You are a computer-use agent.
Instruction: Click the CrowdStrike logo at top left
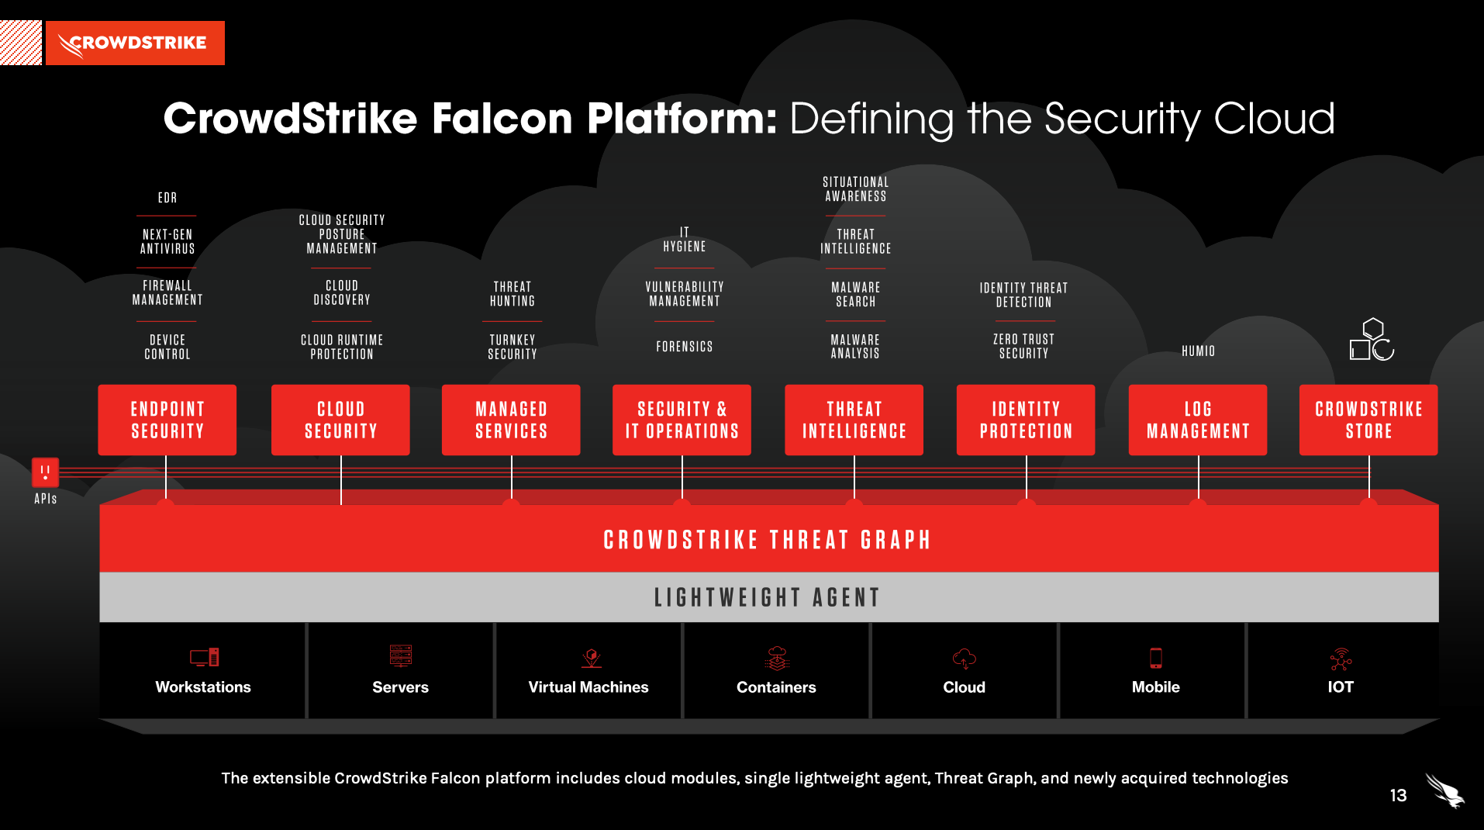tap(135, 43)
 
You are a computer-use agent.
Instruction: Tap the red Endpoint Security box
tap(167, 420)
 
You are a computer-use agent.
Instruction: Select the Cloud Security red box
tap(340, 420)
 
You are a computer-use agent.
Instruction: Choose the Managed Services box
tap(511, 420)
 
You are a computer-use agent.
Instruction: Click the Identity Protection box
tap(1026, 420)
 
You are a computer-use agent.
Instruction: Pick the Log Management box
tap(1198, 420)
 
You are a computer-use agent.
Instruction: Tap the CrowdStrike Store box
tap(1368, 420)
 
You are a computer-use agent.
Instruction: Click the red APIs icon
tap(45, 472)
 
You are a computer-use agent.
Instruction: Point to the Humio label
tap(1198, 351)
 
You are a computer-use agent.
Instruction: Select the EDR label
tap(167, 198)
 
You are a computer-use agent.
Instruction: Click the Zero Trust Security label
tap(1023, 346)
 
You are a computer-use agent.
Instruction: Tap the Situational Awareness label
tap(855, 189)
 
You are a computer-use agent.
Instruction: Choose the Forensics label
tap(684, 347)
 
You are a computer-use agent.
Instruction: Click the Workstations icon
tap(204, 658)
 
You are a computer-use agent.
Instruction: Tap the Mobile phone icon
tap(1155, 658)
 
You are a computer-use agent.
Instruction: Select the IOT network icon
tap(1341, 659)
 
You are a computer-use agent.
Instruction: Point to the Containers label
tap(776, 687)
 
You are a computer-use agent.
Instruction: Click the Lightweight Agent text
tap(768, 597)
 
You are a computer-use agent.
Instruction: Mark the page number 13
tap(1398, 796)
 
